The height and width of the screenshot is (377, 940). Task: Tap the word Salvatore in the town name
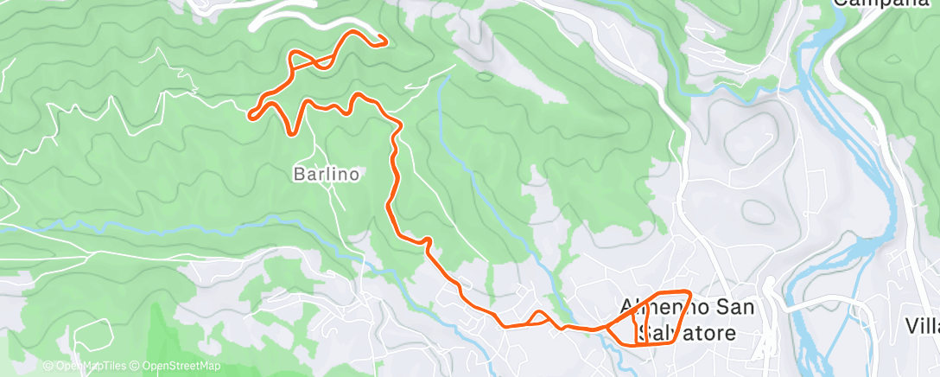pyautogui.click(x=686, y=333)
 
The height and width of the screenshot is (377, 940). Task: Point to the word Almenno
pyautogui.click(x=657, y=307)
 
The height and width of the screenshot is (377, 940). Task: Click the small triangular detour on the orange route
pyautogui.click(x=538, y=317)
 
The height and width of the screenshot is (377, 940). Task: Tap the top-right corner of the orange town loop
pyautogui.click(x=689, y=292)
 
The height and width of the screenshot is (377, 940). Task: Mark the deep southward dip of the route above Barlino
pyautogui.click(x=293, y=132)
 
